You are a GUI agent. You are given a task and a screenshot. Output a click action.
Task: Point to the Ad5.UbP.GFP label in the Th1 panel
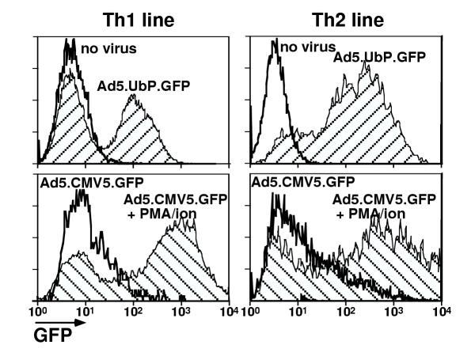click(x=139, y=85)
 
